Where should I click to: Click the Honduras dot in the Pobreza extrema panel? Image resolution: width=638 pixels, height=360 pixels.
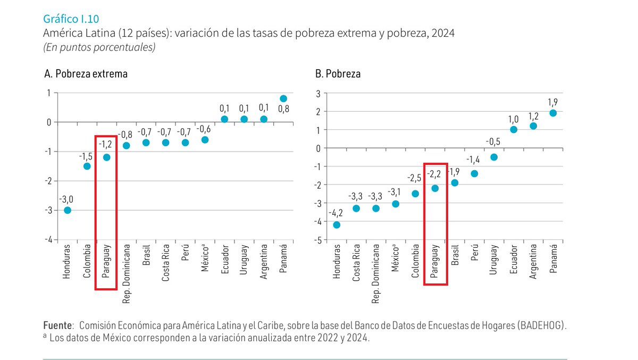[68, 210]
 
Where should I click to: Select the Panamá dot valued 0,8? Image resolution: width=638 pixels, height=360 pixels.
[283, 98]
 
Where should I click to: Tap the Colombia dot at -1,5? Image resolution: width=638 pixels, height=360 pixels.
[87, 166]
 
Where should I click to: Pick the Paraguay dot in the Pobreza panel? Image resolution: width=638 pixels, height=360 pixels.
[435, 188]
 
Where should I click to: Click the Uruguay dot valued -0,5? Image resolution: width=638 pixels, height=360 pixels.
[494, 157]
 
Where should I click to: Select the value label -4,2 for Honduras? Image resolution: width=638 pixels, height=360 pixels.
[336, 213]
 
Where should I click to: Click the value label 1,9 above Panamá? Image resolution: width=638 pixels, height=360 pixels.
[553, 102]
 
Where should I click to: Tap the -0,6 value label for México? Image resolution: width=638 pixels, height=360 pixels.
[205, 128]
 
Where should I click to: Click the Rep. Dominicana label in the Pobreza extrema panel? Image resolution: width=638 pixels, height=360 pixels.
[127, 274]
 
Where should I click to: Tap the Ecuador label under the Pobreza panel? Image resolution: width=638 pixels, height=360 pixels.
[514, 259]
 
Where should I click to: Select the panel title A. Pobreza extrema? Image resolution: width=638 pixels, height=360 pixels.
[86, 74]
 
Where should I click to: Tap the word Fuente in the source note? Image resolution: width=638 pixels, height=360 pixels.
[57, 325]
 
